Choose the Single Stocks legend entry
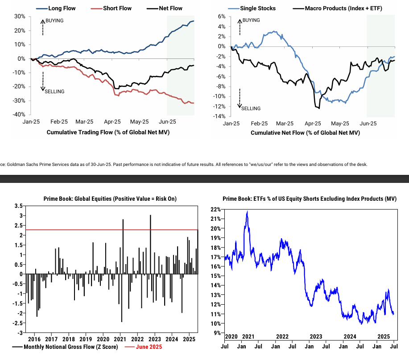(x=258, y=8)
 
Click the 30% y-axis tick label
(x=19, y=17)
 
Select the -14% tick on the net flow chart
(x=220, y=117)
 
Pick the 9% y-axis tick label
(x=216, y=333)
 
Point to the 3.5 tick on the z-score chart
(x=18, y=206)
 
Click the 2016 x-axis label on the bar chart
(x=35, y=339)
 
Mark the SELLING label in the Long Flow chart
(x=55, y=91)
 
